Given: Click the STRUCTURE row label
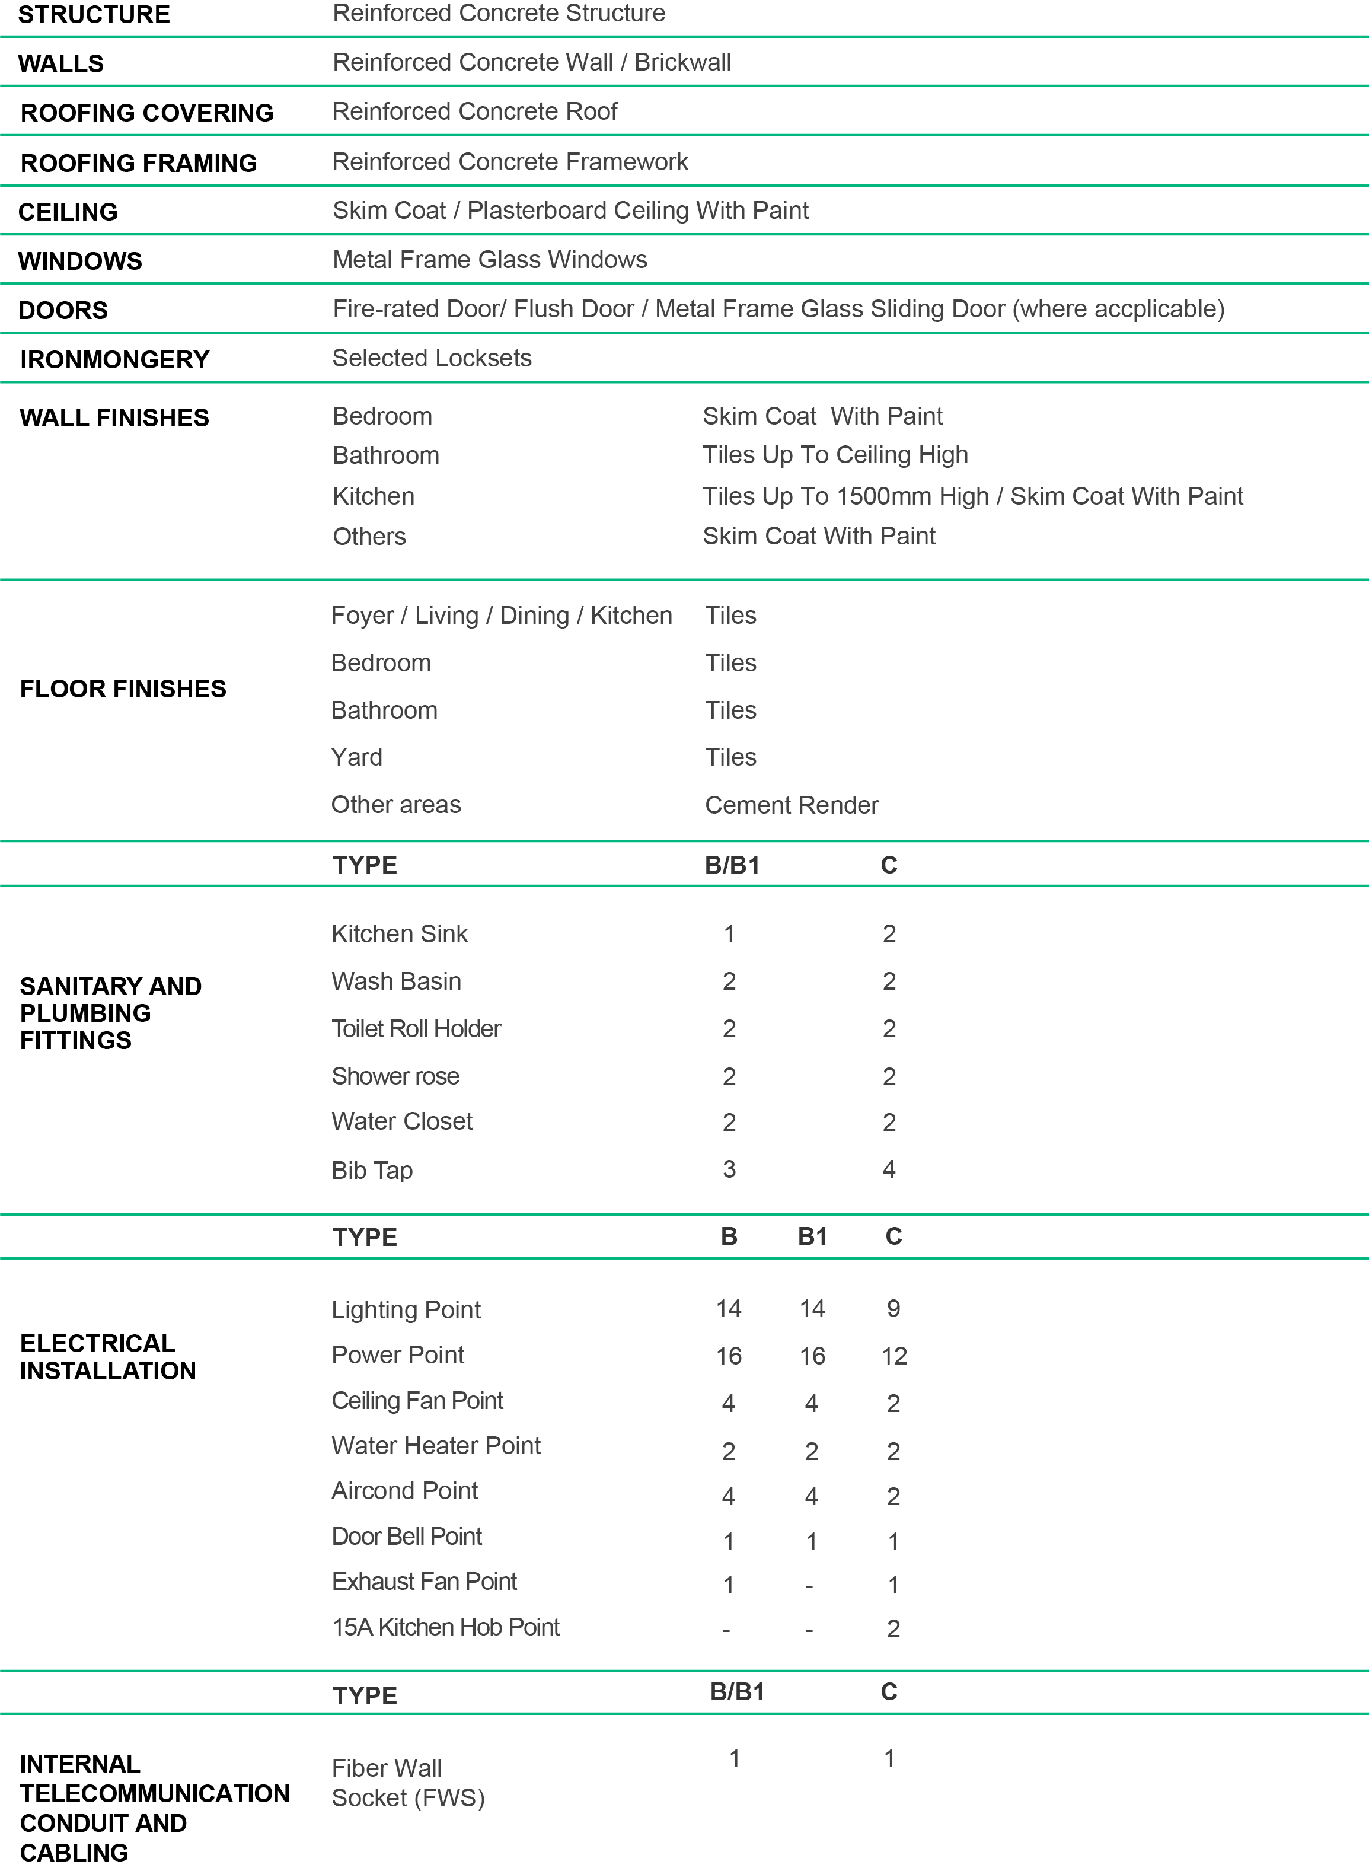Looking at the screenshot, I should pyautogui.click(x=94, y=15).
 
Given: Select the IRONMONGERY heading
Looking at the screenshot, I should pyautogui.click(x=114, y=360).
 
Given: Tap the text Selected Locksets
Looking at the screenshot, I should pyautogui.click(x=432, y=358).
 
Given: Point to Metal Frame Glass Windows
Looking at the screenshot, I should pyautogui.click(x=490, y=260).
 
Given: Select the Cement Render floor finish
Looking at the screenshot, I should pyautogui.click(x=792, y=805).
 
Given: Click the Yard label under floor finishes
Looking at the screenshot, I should pyautogui.click(x=357, y=757).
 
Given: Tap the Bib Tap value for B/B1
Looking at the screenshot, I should pyautogui.click(x=729, y=1169).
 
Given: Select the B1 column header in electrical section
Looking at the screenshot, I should pyautogui.click(x=812, y=1237).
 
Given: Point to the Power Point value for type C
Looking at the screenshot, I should pyautogui.click(x=894, y=1356).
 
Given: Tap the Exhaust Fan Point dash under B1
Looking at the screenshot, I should pyautogui.click(x=810, y=1586).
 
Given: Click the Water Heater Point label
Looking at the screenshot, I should pyautogui.click(x=436, y=1446).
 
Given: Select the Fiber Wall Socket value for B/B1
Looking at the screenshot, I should pyautogui.click(x=734, y=1758).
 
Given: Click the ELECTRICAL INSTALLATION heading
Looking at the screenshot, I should pyautogui.click(x=108, y=1357).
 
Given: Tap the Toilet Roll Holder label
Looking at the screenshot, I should pyautogui.click(x=416, y=1029).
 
